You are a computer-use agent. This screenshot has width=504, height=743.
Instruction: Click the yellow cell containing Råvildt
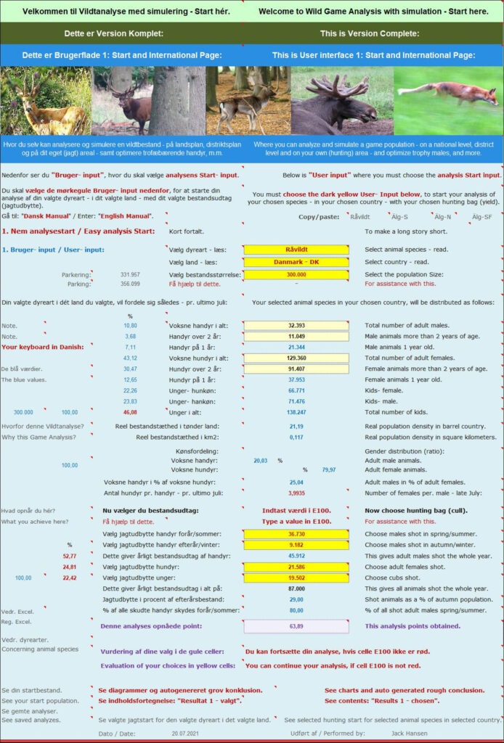(x=296, y=250)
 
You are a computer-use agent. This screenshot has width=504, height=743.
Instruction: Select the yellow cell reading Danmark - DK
(x=296, y=262)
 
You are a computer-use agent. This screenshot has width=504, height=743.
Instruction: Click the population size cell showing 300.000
(x=296, y=274)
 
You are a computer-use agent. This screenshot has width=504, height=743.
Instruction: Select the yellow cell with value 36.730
(x=296, y=534)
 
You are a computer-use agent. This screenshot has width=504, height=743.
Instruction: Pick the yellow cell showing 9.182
(x=296, y=545)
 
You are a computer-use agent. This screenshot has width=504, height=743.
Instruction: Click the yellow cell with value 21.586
(x=296, y=567)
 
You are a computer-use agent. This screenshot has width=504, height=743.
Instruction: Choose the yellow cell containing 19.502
(x=296, y=578)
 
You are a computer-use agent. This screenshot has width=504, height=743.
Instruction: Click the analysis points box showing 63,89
(x=296, y=625)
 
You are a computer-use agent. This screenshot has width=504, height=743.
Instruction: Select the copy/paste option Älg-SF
(x=482, y=216)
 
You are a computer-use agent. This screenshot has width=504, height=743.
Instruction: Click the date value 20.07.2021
(x=184, y=734)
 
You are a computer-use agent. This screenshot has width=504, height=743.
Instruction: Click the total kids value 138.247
(x=296, y=412)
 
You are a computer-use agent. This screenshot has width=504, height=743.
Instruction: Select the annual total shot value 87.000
(x=296, y=588)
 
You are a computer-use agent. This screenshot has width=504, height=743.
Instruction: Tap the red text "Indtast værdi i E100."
(x=296, y=510)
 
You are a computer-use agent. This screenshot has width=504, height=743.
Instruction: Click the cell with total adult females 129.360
(x=296, y=358)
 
